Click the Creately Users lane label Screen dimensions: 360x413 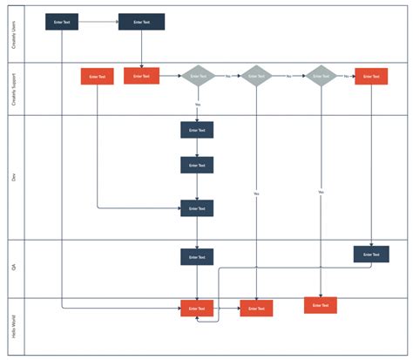[13, 32]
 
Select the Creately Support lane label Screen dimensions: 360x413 [13, 88]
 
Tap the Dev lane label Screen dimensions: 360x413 [13, 177]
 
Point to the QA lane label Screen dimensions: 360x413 [13, 268]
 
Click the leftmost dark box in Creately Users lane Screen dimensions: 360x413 [62, 22]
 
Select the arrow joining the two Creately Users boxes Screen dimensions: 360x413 [98, 22]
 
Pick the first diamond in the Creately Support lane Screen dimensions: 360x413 [198, 76]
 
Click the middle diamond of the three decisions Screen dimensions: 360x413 [257, 76]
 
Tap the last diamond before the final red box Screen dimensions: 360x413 [321, 76]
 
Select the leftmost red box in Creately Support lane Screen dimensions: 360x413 [98, 77]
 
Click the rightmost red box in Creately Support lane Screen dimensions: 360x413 [371, 76]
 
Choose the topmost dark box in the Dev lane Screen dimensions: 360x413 [197, 130]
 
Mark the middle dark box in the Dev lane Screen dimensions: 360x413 [197, 165]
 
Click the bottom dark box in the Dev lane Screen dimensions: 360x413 [197, 208]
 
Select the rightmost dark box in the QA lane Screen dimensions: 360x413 [371, 255]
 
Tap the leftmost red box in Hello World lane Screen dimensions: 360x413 [197, 309]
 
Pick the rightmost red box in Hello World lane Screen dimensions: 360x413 [321, 305]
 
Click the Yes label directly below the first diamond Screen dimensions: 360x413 [198, 105]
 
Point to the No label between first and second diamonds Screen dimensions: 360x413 [228, 76]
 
